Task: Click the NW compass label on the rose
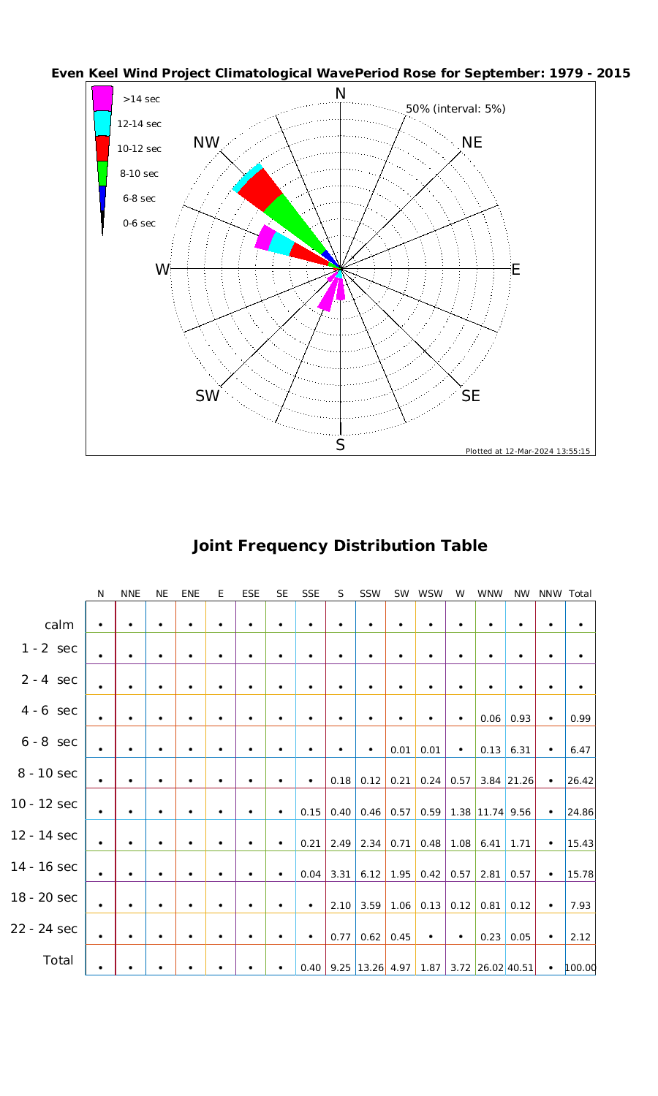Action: pos(206,142)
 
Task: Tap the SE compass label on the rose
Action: pos(471,396)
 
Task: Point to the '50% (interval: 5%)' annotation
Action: pos(455,109)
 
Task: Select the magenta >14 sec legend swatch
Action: pos(102,98)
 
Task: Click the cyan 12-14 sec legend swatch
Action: pos(102,123)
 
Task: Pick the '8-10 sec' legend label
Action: pos(139,174)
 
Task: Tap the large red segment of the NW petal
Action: pos(260,189)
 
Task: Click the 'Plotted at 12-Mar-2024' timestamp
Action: pos(527,451)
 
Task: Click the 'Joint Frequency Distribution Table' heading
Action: pos(339,546)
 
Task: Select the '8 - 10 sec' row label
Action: pos(44,773)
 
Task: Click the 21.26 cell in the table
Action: pos(521,780)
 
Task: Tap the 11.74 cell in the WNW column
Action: pos(490,812)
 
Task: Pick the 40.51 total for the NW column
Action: pos(521,968)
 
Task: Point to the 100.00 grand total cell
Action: pos(581,968)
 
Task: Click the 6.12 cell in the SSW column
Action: pos(371,874)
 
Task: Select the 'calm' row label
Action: pos(59,625)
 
